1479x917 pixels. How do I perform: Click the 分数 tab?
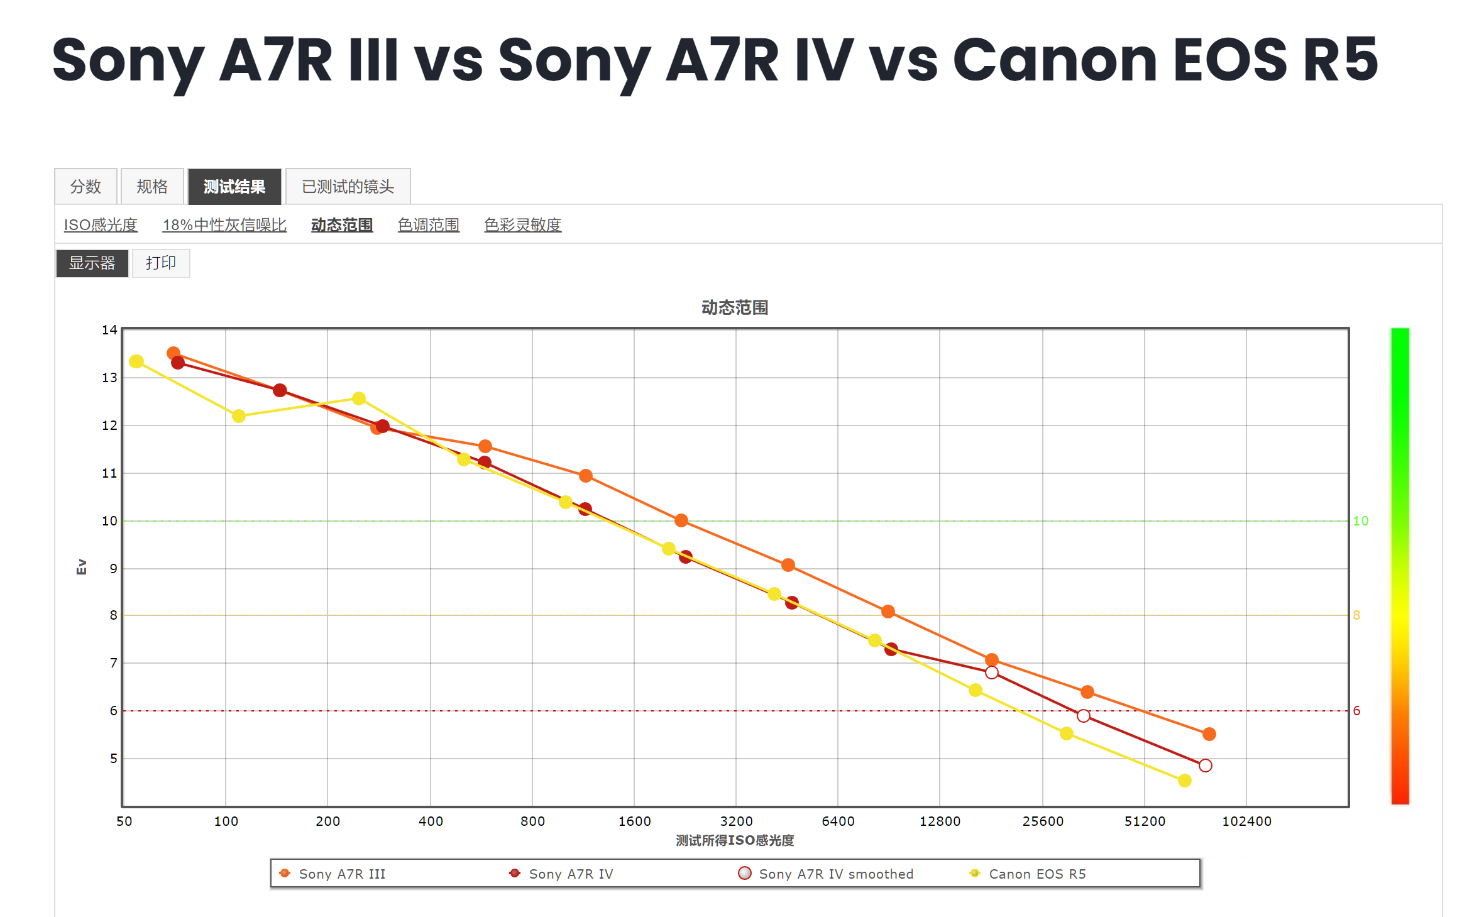[x=85, y=187]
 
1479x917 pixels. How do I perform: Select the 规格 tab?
[x=152, y=187]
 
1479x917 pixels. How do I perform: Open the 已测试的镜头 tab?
[x=348, y=187]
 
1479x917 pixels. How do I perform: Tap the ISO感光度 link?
[x=101, y=224]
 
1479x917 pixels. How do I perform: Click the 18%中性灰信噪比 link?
[x=224, y=224]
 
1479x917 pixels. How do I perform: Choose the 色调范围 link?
[x=428, y=224]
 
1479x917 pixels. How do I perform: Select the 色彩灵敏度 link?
[x=522, y=224]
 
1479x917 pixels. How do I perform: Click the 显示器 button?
[x=92, y=263]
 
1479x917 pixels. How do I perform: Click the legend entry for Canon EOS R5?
[x=1036, y=874]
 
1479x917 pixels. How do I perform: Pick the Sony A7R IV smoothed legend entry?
[x=835, y=874]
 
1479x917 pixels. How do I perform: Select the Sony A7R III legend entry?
[x=341, y=874]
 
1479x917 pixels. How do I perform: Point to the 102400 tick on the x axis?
[x=1246, y=821]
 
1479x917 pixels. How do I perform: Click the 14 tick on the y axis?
[x=109, y=330]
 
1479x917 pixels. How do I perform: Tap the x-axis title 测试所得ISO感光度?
[x=734, y=840]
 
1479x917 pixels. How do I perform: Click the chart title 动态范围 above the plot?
[x=734, y=307]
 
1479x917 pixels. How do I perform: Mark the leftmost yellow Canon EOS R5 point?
[x=136, y=361]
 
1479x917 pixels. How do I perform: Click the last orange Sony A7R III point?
[x=1209, y=734]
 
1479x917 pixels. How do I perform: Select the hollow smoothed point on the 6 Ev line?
[x=1083, y=716]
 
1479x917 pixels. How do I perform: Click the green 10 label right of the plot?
[x=1360, y=521]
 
